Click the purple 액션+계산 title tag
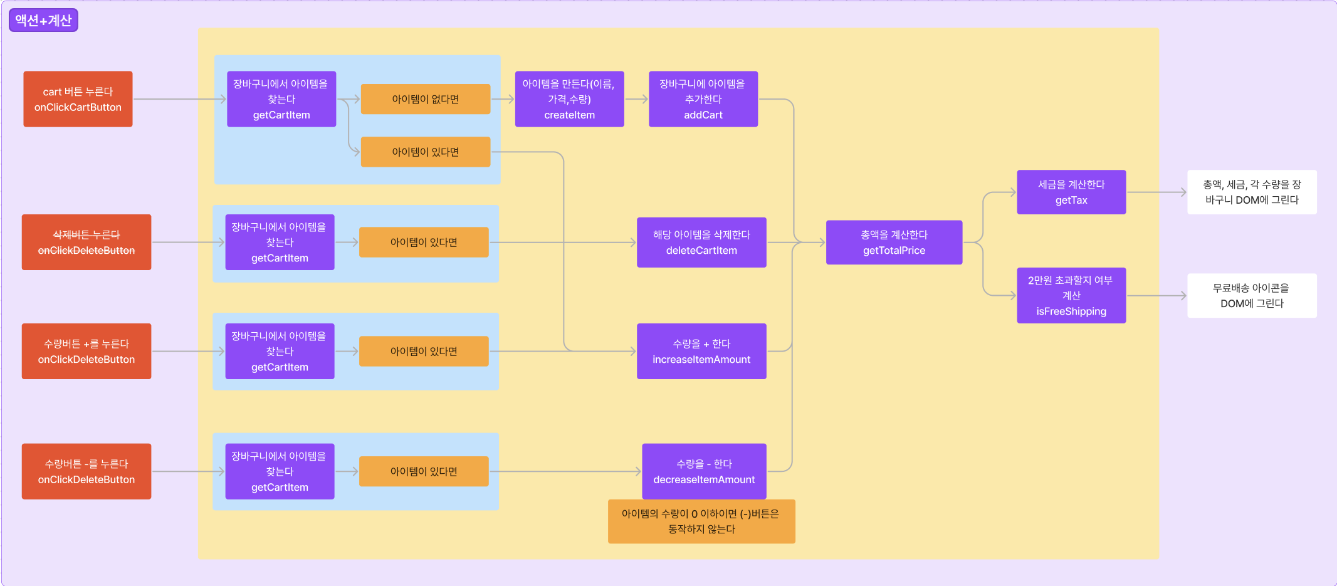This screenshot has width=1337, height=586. [x=43, y=20]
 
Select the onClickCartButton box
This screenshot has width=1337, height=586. [x=78, y=99]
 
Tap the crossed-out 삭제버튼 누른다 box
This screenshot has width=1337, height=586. [x=87, y=243]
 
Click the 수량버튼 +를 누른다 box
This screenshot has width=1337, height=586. [x=87, y=352]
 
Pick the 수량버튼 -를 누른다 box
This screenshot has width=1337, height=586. [x=87, y=471]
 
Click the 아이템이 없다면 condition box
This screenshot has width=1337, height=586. [x=425, y=99]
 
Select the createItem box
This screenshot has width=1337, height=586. [x=569, y=99]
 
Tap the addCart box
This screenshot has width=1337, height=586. [x=703, y=99]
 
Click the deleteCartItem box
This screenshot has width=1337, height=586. [x=701, y=243]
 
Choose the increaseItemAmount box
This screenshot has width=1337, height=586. [x=701, y=352]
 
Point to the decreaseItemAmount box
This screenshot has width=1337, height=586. [x=704, y=471]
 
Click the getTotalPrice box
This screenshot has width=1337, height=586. [x=894, y=243]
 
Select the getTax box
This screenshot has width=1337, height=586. [x=1071, y=192]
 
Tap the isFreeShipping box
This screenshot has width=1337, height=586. [x=1071, y=296]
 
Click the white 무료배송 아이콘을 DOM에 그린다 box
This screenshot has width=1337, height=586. [x=1252, y=296]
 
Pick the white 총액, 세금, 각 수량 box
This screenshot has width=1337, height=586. [x=1252, y=192]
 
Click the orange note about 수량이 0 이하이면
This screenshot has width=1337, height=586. [x=701, y=521]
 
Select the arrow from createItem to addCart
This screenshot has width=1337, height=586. [x=636, y=99]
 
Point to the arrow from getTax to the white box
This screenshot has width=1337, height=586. [x=1156, y=192]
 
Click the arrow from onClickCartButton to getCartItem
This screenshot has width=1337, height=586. [x=179, y=99]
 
